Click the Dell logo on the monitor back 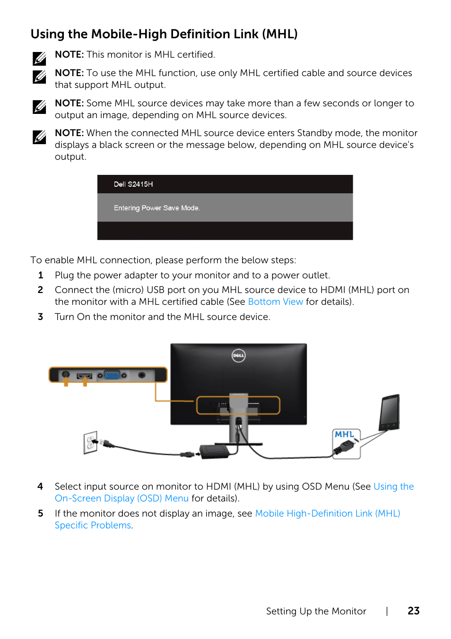tap(238, 355)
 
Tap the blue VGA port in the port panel tap(112, 375)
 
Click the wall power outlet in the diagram tap(90, 442)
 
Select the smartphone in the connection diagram tap(390, 412)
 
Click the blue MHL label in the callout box tap(344, 434)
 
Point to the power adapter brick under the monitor tap(215, 451)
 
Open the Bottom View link tap(275, 302)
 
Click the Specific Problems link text tap(93, 525)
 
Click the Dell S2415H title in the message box tap(133, 184)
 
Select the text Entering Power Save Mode tap(157, 208)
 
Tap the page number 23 tap(413, 611)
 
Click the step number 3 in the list tap(41, 317)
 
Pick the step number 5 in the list tap(41, 513)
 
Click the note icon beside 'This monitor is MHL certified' tap(39, 59)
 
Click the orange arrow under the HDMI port tap(85, 382)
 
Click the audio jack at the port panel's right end tap(141, 375)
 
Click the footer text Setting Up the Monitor tap(316, 611)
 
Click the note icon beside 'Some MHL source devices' tap(39, 107)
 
